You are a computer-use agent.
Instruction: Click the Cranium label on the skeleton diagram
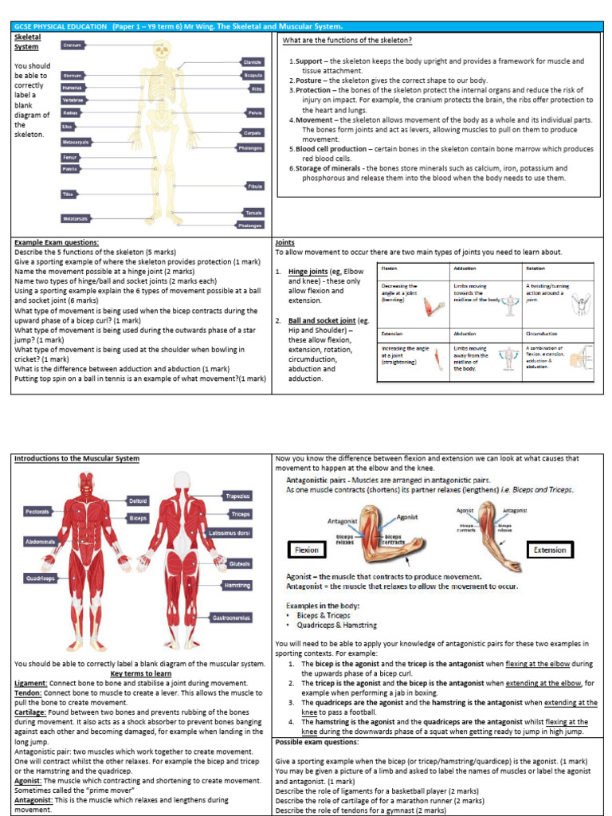pos(73,46)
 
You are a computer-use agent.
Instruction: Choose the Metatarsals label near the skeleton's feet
pos(76,218)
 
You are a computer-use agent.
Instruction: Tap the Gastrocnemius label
pos(231,617)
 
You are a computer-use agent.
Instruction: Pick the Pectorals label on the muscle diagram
pos(37,511)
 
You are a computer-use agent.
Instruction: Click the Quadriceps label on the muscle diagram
pos(40,579)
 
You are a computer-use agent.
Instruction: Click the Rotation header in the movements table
pos(535,269)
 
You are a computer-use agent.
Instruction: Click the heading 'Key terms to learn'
pos(140,673)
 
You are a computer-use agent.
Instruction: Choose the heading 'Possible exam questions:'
pos(316,741)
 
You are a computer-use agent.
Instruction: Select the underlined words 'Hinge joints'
pos(308,272)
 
